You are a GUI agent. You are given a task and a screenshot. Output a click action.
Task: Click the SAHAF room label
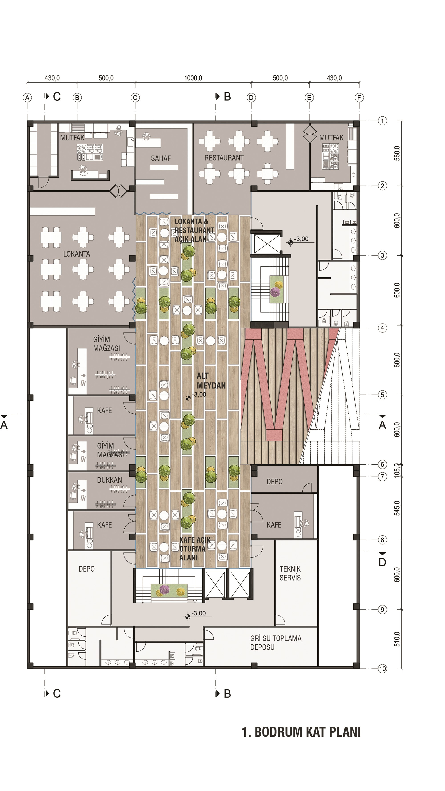coord(161,158)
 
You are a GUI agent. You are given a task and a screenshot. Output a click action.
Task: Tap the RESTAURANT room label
coord(224,158)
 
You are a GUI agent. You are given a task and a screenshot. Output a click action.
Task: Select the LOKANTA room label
coord(77,254)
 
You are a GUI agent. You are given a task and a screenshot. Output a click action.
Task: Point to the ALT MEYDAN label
coord(211,380)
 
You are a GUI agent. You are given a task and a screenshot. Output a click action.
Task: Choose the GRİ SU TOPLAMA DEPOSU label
coord(276,643)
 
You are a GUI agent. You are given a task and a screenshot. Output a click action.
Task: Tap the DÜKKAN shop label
coord(109,480)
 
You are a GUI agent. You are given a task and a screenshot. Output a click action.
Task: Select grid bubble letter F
coord(359,98)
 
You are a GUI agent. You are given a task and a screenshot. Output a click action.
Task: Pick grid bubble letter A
coord(27,98)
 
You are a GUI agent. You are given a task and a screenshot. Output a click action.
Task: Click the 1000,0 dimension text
coord(193,78)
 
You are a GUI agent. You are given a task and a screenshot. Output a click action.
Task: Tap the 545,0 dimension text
coord(397,508)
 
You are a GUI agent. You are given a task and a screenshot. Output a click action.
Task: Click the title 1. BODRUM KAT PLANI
coord(301,732)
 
